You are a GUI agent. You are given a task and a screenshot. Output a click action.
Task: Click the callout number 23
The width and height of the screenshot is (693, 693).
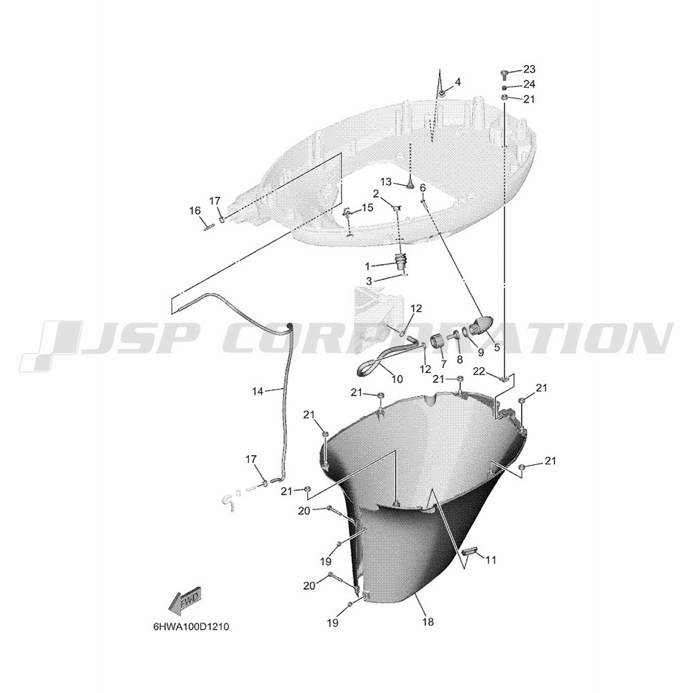click(529, 69)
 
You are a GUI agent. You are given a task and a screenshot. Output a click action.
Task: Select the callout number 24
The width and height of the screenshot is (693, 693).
click(529, 85)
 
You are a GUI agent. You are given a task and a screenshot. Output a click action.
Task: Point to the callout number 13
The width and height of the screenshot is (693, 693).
click(386, 182)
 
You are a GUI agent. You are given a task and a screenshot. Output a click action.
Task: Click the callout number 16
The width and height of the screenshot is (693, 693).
click(195, 211)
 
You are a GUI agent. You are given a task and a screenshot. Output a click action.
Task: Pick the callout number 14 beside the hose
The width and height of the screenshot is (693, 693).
click(258, 391)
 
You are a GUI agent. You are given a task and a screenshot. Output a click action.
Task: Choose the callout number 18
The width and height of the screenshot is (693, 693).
click(428, 622)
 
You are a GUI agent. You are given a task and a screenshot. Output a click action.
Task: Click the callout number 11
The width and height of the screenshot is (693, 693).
click(491, 561)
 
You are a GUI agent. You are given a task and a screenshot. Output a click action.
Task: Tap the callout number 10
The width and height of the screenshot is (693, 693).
click(397, 379)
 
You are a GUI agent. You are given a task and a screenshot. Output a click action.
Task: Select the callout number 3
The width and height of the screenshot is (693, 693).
click(369, 281)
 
